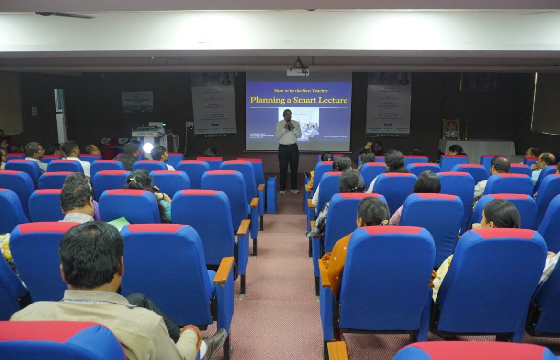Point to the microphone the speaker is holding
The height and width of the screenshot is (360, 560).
(289, 125)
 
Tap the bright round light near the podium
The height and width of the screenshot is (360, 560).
(148, 147)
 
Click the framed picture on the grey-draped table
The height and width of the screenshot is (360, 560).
(451, 129)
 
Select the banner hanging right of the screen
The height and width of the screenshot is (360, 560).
(388, 104)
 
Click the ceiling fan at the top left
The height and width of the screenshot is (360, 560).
(65, 15)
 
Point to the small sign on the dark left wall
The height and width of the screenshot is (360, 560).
(137, 101)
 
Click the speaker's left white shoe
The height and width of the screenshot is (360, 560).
(282, 192)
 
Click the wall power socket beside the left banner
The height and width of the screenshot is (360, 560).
(190, 125)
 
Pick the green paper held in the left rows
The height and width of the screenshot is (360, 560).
(118, 222)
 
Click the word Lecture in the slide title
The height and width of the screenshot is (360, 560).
(334, 100)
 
